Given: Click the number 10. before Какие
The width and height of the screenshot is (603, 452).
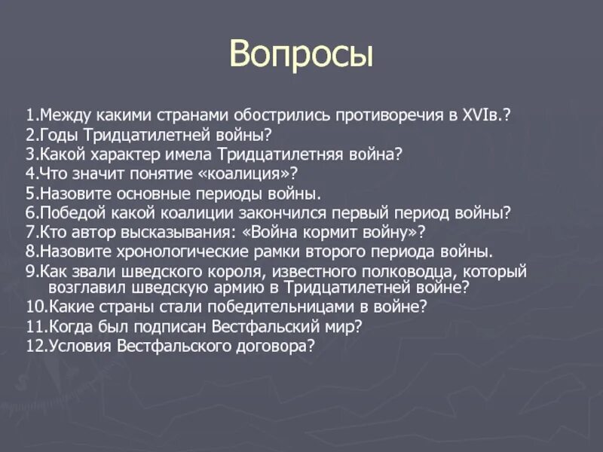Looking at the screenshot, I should pyautogui.click(x=37, y=307).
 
